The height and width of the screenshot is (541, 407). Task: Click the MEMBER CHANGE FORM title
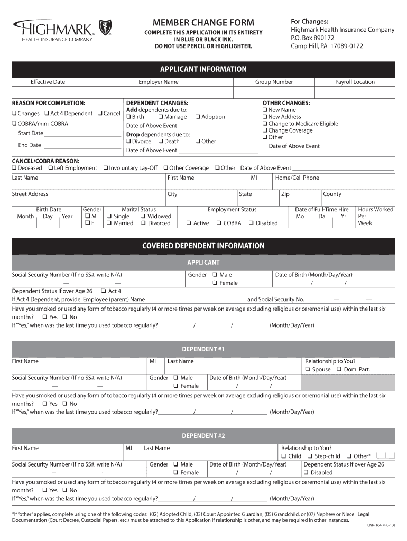click(x=203, y=22)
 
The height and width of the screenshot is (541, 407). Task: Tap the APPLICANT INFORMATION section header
click(x=203, y=69)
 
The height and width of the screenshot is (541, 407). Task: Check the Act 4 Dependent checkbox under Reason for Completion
click(x=48, y=114)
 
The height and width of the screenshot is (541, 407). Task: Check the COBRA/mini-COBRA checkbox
click(x=14, y=124)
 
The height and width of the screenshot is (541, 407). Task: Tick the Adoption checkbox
click(x=198, y=117)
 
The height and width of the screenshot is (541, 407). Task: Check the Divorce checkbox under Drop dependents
click(x=128, y=141)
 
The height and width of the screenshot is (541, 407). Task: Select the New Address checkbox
click(x=265, y=117)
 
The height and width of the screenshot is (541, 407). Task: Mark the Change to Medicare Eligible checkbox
click(x=265, y=124)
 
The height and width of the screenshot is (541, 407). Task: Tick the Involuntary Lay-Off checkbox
click(x=105, y=168)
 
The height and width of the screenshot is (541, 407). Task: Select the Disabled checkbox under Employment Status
click(x=252, y=223)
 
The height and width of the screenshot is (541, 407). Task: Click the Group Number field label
click(x=274, y=82)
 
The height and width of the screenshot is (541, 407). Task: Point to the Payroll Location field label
click(x=355, y=82)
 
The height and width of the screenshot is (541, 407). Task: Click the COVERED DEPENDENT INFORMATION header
click(x=203, y=246)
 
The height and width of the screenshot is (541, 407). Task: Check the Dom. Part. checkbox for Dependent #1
click(x=340, y=370)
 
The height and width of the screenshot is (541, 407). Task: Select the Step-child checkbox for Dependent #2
click(x=311, y=456)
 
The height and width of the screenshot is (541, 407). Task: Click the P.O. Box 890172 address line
click(x=312, y=38)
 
